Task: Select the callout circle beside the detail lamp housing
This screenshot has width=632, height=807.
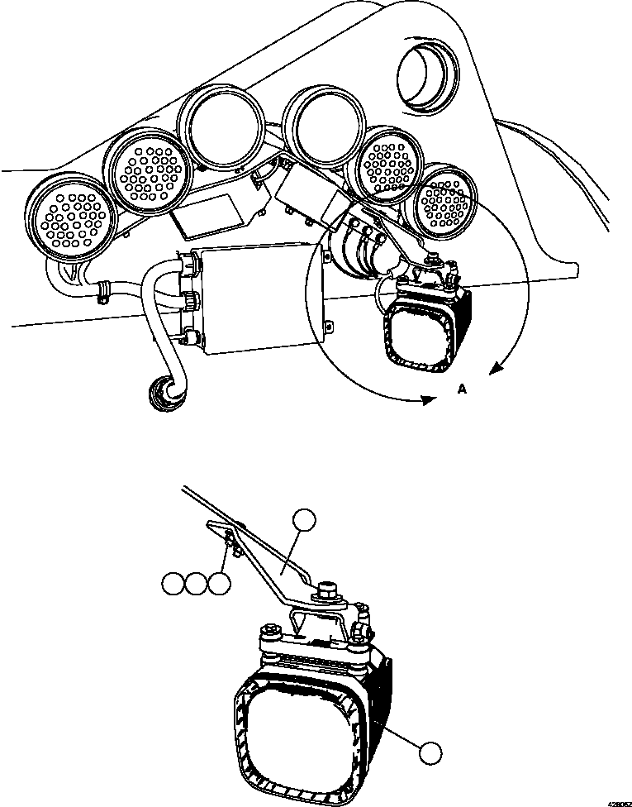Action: (x=429, y=752)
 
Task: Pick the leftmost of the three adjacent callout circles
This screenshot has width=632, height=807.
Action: (x=173, y=585)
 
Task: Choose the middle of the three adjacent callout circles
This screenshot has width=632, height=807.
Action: (x=196, y=585)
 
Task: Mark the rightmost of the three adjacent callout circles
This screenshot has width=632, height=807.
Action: (x=218, y=585)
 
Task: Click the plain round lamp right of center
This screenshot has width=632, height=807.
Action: (x=321, y=127)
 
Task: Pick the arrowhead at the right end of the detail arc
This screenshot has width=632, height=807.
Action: (x=495, y=370)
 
